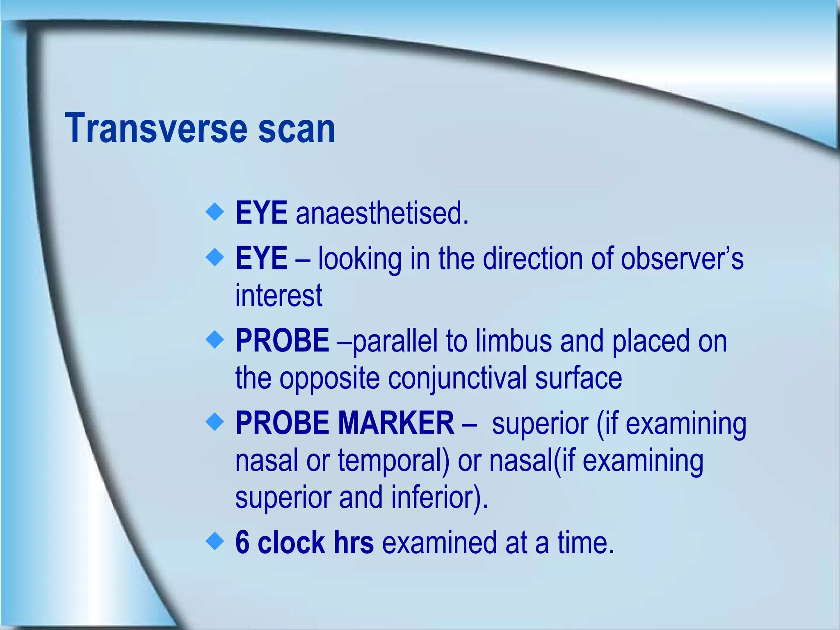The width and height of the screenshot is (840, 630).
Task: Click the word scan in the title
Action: (x=297, y=128)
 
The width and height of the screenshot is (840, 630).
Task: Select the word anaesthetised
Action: (x=382, y=213)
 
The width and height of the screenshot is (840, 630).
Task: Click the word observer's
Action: (x=682, y=258)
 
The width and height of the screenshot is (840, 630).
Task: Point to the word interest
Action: (x=278, y=295)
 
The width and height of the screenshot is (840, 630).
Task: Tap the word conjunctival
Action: (x=457, y=378)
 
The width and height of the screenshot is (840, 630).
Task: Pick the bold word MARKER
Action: (x=396, y=423)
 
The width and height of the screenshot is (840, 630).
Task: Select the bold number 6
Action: (x=242, y=542)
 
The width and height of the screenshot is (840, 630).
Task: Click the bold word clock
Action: (x=291, y=542)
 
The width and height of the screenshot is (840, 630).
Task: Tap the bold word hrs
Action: (x=354, y=542)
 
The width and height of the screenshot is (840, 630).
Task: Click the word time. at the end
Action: (x=586, y=542)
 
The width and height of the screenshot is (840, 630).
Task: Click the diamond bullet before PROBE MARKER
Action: (x=215, y=422)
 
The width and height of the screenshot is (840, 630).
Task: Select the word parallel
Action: (x=395, y=341)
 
